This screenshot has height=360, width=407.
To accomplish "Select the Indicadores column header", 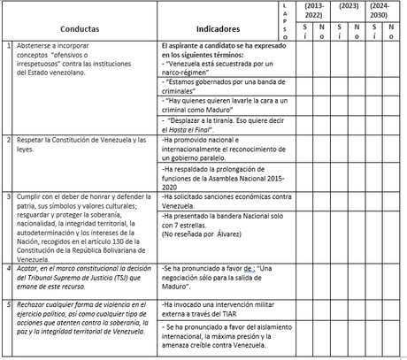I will (x=219, y=28).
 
